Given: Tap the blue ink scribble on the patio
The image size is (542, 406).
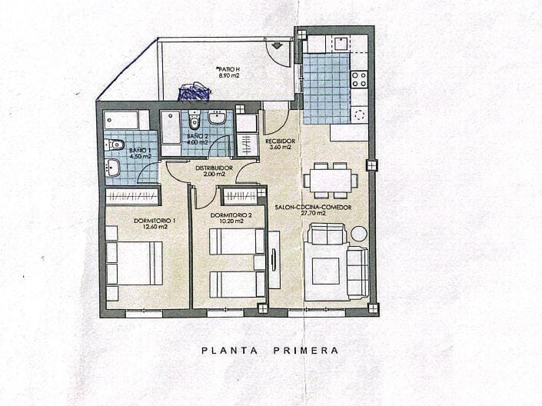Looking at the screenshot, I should point(195,92).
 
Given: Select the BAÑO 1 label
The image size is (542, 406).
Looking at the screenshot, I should point(140,149).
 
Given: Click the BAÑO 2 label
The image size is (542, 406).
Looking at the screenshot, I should point(198,136).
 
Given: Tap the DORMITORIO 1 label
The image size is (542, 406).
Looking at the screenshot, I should point(155,221).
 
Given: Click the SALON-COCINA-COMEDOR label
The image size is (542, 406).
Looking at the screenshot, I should point(311,208).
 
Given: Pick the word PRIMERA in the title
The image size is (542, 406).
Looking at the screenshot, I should point(305,351).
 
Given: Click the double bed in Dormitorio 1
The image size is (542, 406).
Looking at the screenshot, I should point(135,263).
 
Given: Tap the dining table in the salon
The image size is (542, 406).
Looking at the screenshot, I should point(330,180).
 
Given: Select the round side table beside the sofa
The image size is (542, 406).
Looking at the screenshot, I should point(359,234).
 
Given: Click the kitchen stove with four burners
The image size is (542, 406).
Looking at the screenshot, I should point(359,78).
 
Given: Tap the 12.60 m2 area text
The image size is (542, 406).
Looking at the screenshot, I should point(155,228).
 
